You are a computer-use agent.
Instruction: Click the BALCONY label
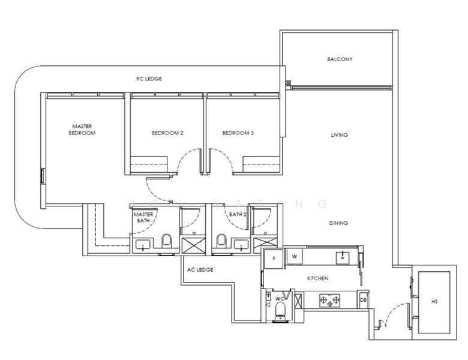point(340,59)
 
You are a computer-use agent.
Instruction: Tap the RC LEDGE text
point(148,79)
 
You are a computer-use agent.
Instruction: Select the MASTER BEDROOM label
point(82,130)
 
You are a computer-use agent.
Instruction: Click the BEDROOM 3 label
point(238,133)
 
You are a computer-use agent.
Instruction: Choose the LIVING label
point(339,135)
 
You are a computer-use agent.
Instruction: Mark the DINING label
point(338,223)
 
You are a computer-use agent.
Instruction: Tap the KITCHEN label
point(318,278)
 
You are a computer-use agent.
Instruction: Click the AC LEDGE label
point(200,269)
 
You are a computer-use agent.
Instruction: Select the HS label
point(434,301)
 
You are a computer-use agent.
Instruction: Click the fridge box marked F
point(274,258)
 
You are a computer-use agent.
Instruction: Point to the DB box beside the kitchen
point(363,299)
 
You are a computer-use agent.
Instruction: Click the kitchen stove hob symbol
point(329,298)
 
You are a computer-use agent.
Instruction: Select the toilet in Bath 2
point(221,242)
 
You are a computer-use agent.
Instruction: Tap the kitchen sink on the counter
point(343,257)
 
